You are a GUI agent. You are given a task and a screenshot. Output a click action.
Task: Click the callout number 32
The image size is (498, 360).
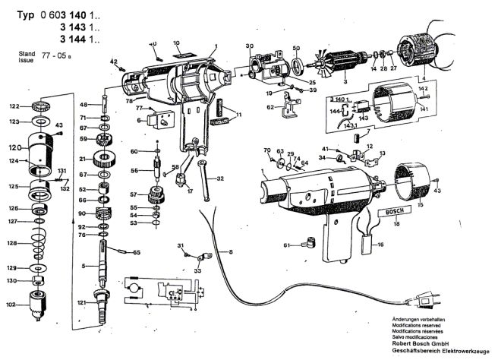[x=221, y=179]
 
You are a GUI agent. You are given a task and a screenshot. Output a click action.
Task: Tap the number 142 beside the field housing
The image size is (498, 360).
[x=423, y=89]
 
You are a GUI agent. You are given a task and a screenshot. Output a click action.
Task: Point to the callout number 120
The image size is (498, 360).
[x=14, y=147]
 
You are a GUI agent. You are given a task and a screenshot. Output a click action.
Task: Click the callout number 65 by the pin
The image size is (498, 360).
[x=137, y=251]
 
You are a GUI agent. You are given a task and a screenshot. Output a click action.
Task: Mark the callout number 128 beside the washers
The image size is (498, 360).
[x=14, y=243]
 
